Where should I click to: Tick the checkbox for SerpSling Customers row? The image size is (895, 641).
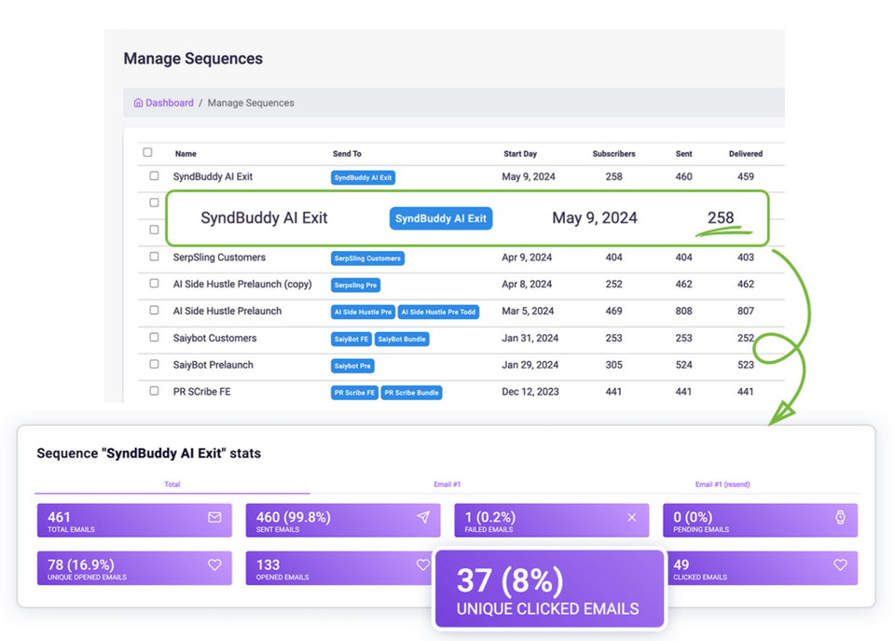[155, 257]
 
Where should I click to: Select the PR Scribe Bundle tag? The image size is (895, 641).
[411, 393]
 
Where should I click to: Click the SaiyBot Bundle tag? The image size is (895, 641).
[402, 339]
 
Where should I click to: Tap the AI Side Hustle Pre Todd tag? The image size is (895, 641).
[438, 312]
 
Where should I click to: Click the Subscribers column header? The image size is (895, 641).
[613, 153]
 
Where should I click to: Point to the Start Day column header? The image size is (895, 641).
[520, 153]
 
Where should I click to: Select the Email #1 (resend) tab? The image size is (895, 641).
[722, 484]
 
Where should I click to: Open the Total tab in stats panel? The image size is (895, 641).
[172, 484]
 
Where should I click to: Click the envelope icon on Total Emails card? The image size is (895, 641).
[214, 517]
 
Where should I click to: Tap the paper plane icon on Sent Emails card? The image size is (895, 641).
[423, 517]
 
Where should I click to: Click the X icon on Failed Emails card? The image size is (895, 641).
[632, 517]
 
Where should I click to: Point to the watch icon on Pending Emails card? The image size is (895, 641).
[840, 517]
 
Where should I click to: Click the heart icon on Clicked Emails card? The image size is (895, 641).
[840, 564]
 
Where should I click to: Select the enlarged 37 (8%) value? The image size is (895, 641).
[509, 580]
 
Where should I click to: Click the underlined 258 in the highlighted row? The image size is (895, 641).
[721, 217]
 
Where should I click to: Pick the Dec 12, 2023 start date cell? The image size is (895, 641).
[530, 392]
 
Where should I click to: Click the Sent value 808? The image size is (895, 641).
[683, 311]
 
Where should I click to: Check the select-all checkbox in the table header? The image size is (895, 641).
[147, 152]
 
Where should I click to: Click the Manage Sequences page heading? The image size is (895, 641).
[193, 59]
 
